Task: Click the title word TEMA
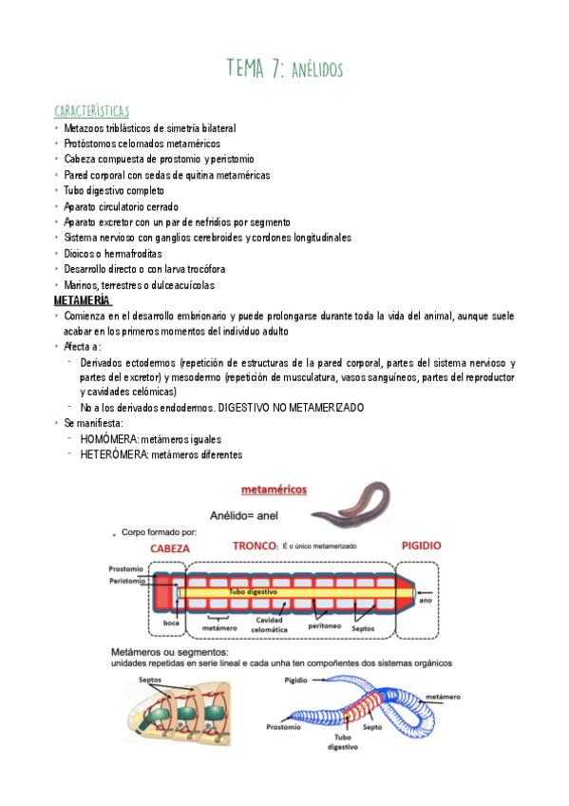click(x=250, y=68)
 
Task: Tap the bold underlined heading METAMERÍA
click(x=82, y=301)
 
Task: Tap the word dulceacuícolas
click(x=181, y=285)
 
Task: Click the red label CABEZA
click(x=170, y=548)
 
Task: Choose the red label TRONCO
click(x=254, y=547)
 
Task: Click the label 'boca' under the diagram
click(x=171, y=623)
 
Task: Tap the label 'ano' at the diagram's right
click(x=427, y=600)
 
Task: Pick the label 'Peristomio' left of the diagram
click(x=127, y=581)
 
